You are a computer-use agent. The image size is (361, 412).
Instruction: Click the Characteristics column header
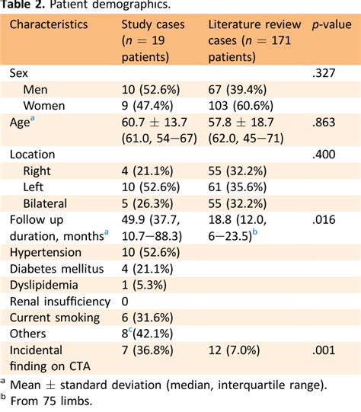[48, 25]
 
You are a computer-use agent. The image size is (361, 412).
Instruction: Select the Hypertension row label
[47, 252]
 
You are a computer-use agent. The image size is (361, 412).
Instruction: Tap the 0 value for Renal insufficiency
[126, 301]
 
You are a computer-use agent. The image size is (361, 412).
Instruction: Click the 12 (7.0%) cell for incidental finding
[238, 350]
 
